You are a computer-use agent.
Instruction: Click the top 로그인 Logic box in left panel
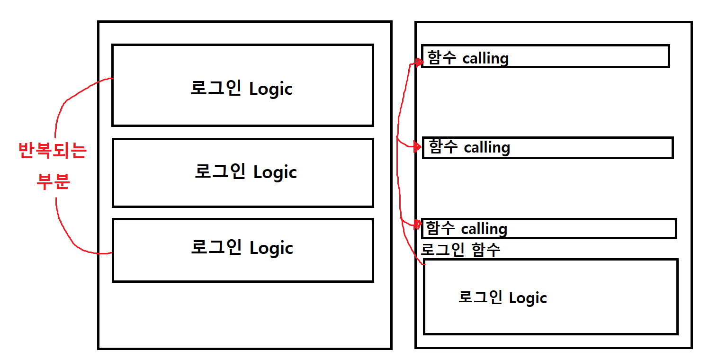click(242, 85)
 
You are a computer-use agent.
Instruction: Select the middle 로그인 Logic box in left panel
click(242, 172)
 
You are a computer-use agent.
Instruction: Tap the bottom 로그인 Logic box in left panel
click(242, 250)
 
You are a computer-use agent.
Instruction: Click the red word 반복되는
click(52, 151)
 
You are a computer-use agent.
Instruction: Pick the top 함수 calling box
click(545, 56)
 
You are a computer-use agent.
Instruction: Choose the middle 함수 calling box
click(547, 148)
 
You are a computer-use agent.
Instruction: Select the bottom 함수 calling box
click(548, 228)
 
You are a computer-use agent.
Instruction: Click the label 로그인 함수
click(460, 250)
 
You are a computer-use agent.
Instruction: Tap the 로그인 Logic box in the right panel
click(550, 297)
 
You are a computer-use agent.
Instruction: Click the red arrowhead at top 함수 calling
click(418, 62)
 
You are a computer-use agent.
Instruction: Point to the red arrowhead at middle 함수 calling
click(417, 147)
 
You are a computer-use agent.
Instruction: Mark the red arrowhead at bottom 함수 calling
click(417, 224)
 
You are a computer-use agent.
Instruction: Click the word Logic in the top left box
click(270, 89)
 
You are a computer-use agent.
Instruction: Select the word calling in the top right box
click(485, 58)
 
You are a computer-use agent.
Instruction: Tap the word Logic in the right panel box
click(528, 298)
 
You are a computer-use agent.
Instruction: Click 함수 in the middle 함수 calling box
click(443, 147)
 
